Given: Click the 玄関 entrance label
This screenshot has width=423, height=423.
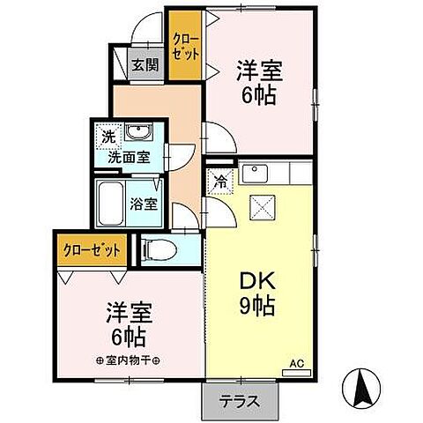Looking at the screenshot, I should click(145, 63).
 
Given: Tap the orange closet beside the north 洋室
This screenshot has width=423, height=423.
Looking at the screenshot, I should click(183, 48).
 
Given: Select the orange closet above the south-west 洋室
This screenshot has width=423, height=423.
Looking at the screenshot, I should click(92, 249).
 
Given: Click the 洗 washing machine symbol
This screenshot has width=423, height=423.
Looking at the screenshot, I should click(108, 137).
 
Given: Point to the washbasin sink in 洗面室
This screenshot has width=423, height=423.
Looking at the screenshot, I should click(137, 135).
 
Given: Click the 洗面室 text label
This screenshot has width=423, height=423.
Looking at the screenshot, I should click(129, 158).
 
